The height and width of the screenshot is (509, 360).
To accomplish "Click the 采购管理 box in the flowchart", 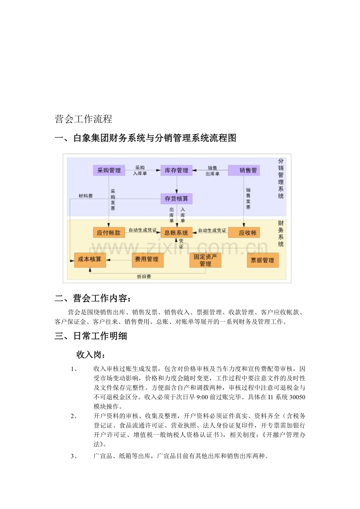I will [109, 170].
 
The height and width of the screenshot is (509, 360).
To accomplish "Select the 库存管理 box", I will [176, 170].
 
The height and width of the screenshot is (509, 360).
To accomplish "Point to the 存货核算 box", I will [176, 199].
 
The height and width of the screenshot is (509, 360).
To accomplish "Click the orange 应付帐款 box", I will [109, 233].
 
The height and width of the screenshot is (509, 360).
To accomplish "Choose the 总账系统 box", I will [176, 233].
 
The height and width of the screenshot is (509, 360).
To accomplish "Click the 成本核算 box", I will [90, 260].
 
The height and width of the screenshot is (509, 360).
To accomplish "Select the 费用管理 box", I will [147, 260].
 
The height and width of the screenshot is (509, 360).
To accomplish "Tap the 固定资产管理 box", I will [205, 260].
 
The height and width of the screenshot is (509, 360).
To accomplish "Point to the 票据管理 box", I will [263, 260].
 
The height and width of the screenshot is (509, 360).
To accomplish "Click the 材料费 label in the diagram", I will [85, 196].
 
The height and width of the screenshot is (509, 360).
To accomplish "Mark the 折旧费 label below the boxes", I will [144, 276].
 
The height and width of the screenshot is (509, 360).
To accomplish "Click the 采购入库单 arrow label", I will [140, 170].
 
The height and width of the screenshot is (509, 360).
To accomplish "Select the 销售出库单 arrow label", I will [212, 171].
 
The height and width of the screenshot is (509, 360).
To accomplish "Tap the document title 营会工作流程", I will [84, 119].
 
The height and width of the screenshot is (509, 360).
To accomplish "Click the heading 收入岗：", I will [91, 355].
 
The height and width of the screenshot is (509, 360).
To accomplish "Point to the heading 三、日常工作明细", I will [91, 336].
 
